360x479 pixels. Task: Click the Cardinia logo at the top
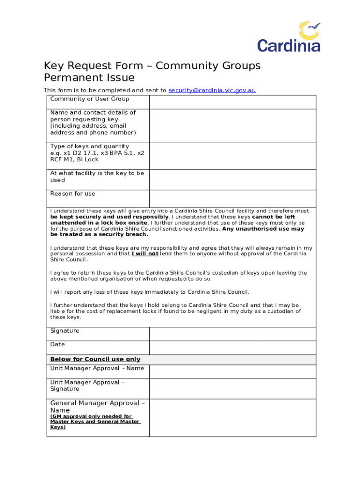288,36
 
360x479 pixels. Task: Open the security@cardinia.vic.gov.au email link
212,90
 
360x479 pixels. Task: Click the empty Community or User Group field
232,102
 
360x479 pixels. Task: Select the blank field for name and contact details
232,126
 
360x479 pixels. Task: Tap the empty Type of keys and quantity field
232,156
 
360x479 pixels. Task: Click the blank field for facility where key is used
232,180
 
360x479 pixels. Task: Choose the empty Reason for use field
232,198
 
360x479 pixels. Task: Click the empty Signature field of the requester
232,334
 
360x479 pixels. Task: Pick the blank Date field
232,348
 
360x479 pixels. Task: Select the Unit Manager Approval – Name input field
232,371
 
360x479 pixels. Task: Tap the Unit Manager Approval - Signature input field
232,388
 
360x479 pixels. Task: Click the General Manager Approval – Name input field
232,417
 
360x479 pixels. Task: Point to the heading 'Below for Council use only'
95,359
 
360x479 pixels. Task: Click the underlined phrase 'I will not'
145,254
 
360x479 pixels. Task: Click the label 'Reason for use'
72,194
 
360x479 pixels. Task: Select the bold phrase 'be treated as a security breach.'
99,235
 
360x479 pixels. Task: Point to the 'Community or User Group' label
89,99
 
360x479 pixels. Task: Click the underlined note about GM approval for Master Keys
95,421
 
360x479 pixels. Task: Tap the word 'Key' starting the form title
54,66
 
